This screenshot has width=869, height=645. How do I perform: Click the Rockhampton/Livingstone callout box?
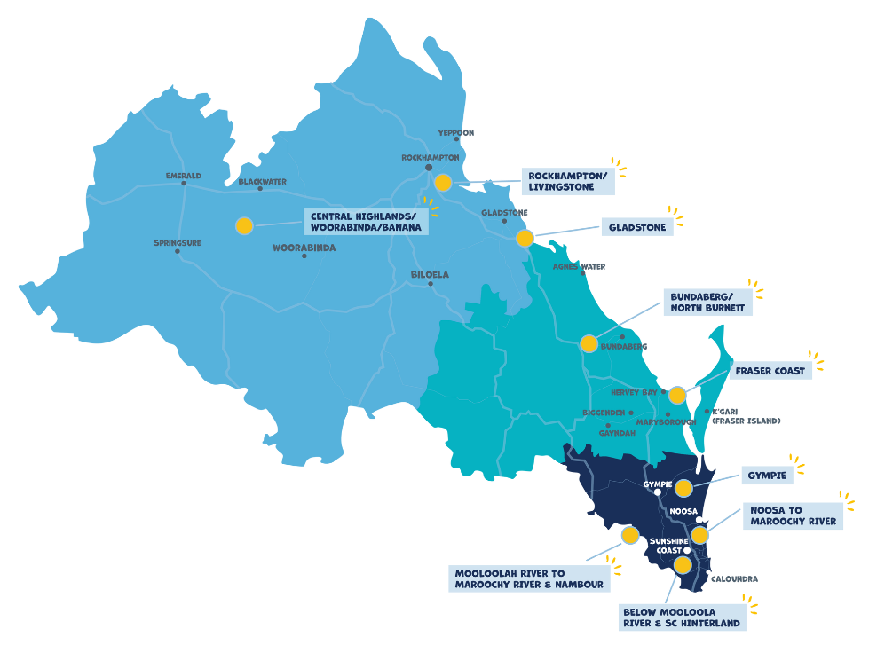tap(568, 181)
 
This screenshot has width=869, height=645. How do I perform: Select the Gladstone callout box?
tap(637, 227)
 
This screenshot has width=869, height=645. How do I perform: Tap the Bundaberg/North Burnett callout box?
tap(707, 302)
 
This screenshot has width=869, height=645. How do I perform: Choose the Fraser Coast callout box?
tap(770, 371)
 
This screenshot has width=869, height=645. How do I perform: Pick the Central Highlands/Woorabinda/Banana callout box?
tap(366, 222)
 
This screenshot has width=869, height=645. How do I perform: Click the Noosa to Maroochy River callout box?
tap(793, 515)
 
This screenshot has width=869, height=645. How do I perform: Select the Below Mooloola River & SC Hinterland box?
tap(682, 617)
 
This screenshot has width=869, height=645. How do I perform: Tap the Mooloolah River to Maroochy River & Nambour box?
tap(529, 579)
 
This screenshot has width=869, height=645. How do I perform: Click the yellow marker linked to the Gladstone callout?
tap(525, 239)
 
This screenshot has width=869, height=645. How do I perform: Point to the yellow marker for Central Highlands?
tap(244, 225)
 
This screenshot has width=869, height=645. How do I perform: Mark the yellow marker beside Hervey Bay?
tap(677, 395)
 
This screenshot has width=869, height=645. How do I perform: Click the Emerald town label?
tap(184, 176)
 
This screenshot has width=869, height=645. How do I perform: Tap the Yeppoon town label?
tap(456, 133)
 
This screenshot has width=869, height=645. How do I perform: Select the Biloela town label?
tap(430, 275)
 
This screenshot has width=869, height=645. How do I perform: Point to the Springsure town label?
tap(178, 243)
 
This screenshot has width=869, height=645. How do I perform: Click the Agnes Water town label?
tap(579, 266)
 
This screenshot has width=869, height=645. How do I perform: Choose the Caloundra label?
tap(734, 579)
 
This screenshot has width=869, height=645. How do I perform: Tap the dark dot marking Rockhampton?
tap(429, 168)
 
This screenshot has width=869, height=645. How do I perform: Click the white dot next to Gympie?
tap(657, 492)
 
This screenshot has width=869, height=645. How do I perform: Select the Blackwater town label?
tap(263, 182)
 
